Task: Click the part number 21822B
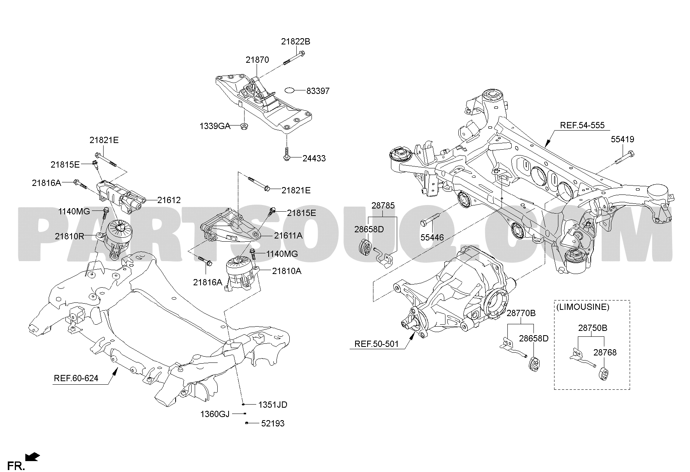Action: point(296,42)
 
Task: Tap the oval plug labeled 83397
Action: point(290,90)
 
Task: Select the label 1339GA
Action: point(215,126)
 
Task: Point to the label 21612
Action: point(169,200)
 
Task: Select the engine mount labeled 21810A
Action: point(241,273)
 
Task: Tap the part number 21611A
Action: point(288,235)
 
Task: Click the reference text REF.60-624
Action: point(76,378)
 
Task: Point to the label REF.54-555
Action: point(582,125)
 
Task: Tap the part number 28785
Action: point(383,205)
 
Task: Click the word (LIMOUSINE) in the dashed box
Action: point(582,307)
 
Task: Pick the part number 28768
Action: point(605,352)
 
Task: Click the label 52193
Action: point(273,423)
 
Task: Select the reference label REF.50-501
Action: point(377,344)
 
